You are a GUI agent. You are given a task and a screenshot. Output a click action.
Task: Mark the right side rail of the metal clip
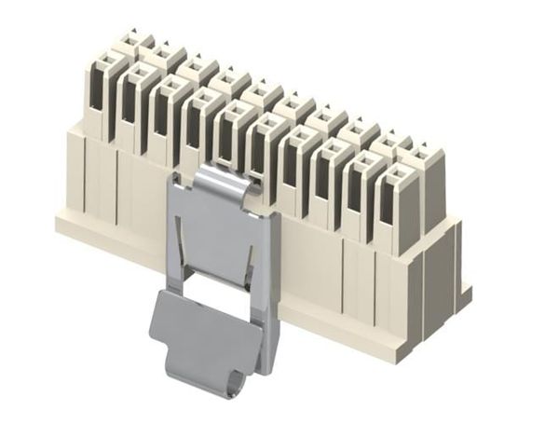(x=271, y=280)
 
